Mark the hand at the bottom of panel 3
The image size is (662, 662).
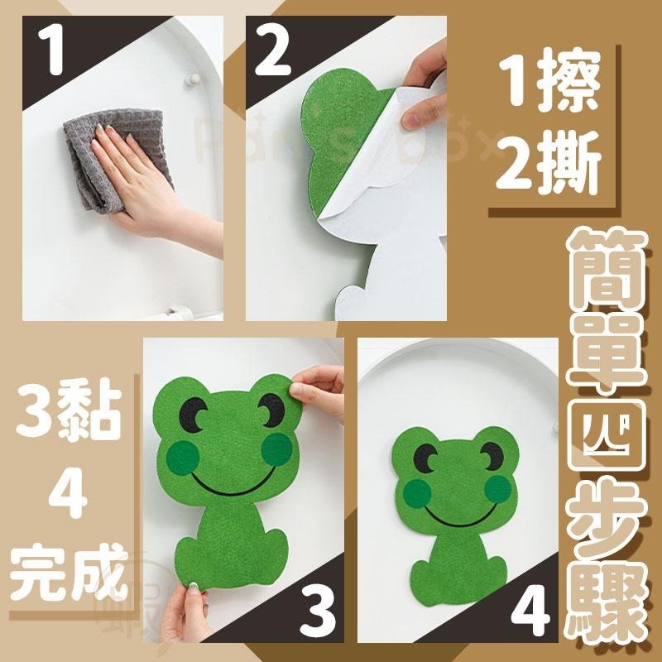pos(186,616)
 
